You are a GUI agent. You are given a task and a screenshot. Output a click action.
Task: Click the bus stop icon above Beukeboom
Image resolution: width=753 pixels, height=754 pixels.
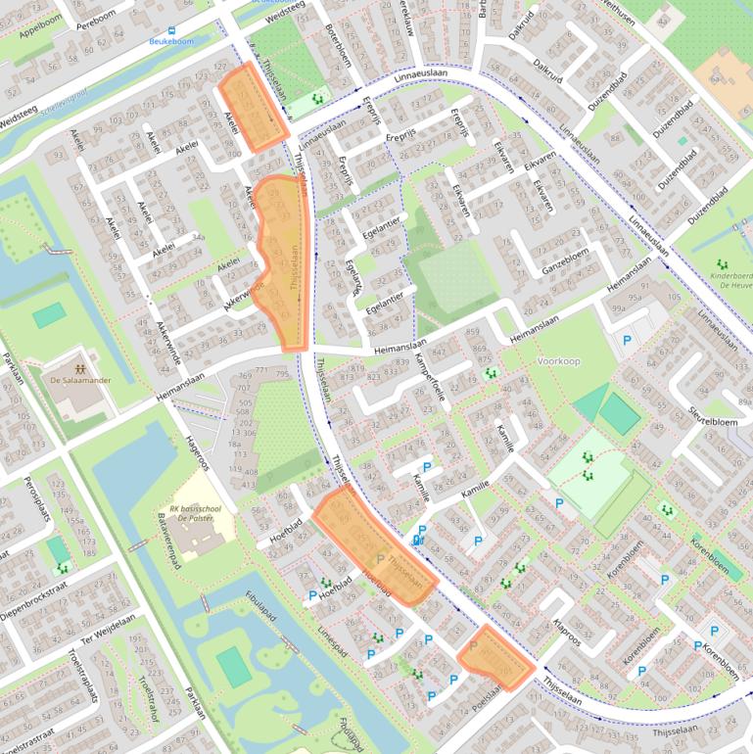pos(172,30)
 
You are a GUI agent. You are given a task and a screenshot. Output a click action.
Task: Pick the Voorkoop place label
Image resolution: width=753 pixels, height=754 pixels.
pos(558,360)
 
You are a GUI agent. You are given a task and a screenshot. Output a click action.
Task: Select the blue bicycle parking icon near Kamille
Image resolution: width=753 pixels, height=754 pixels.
pos(419,539)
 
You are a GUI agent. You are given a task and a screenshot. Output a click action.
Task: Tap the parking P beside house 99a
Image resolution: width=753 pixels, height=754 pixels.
pos(627,340)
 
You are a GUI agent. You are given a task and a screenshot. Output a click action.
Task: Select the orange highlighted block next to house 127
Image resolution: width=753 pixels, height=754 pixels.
pos(253,107)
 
